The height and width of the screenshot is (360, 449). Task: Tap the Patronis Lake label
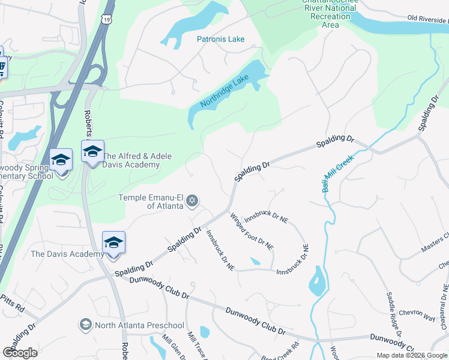[221, 39]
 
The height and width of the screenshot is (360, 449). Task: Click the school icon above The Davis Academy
[113, 242]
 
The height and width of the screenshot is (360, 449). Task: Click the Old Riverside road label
[427, 19]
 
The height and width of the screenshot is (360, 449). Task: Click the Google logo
[20, 352]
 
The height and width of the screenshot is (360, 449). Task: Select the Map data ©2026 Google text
[412, 355]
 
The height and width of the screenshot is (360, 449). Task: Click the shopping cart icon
[2, 66]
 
